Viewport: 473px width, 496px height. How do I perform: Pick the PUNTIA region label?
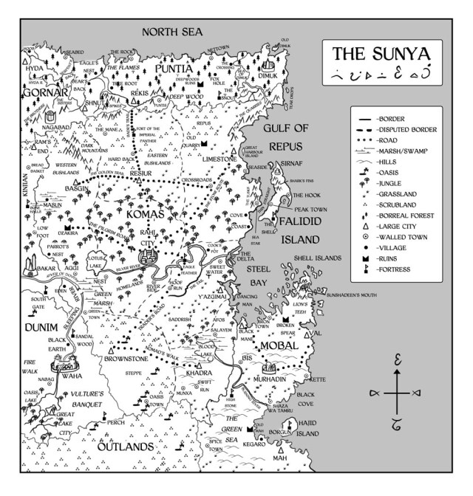tap(176, 70)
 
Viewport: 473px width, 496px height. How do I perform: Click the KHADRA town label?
tap(199, 373)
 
